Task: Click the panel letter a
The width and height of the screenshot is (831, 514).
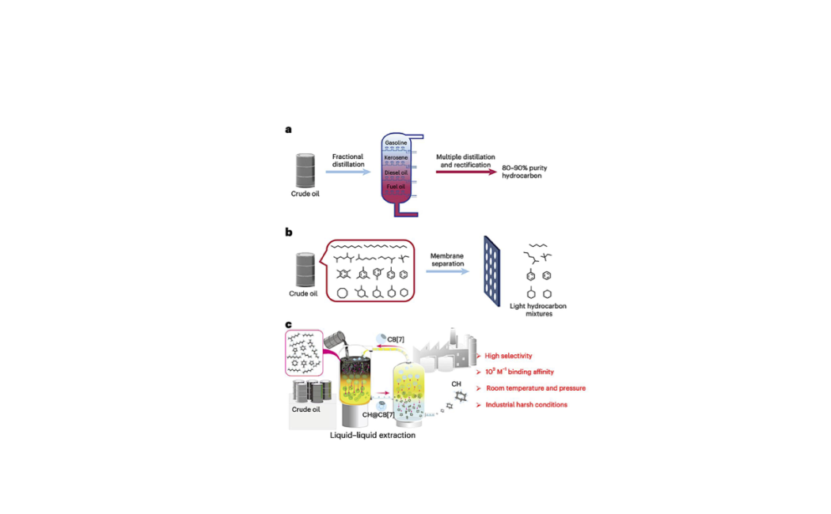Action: coord(288,129)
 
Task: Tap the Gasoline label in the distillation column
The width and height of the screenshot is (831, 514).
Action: coord(396,143)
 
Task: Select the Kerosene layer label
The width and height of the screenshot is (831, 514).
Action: coord(396,157)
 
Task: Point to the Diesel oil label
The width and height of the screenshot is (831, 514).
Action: coord(396,172)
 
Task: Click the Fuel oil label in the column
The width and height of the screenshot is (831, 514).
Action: coord(396,186)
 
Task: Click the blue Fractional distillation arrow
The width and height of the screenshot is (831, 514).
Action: coord(347,171)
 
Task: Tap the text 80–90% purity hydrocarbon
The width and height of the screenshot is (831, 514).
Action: coord(526,173)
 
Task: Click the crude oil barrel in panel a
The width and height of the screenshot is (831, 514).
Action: coord(305,170)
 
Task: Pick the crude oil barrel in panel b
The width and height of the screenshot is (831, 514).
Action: coord(305,270)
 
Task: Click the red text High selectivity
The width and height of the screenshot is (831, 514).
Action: coord(508,356)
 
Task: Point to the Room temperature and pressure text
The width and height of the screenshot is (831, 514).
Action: coord(535,388)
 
